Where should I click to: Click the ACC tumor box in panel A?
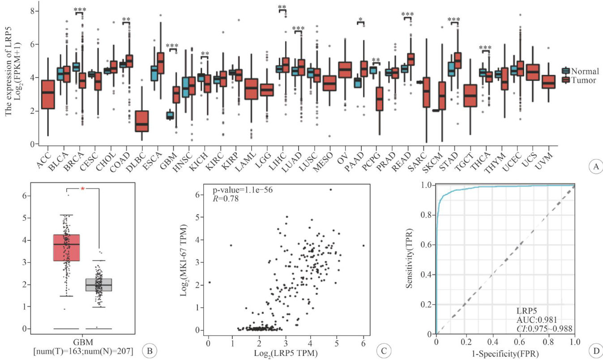click(x=48, y=94)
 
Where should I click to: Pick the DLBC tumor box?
click(x=142, y=121)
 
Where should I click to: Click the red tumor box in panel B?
click(x=66, y=247)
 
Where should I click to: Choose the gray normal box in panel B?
click(x=98, y=284)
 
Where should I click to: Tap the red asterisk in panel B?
click(x=82, y=189)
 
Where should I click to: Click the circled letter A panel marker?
click(x=595, y=167)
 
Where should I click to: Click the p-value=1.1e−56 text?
click(x=242, y=190)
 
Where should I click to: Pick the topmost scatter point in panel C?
click(x=331, y=189)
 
